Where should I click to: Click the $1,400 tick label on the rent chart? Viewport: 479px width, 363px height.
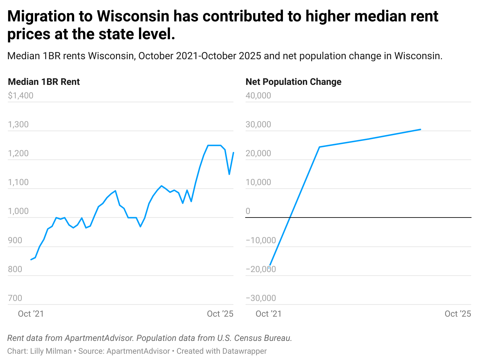tap(21, 96)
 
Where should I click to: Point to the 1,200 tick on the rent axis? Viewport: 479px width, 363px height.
tap(18, 153)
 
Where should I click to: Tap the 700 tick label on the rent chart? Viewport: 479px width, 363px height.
tap(15, 298)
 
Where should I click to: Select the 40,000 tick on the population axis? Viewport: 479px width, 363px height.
tap(258, 96)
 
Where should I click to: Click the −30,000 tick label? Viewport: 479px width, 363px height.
tap(261, 298)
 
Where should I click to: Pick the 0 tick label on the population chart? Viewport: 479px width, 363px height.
tap(248, 211)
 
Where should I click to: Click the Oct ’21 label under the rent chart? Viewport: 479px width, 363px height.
tap(31, 314)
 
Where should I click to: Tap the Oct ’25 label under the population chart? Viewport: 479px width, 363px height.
tap(458, 314)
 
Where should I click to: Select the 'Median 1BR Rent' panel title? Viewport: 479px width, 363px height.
tap(44, 82)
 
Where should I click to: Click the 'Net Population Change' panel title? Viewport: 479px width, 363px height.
tap(293, 82)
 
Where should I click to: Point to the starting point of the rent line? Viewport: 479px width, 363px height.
tap(31, 260)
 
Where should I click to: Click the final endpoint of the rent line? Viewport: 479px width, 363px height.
tap(233, 153)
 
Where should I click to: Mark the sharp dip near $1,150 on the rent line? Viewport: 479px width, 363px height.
tap(229, 174)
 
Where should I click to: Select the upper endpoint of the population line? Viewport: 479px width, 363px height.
tap(421, 129)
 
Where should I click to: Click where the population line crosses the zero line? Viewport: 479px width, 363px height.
tap(290, 217)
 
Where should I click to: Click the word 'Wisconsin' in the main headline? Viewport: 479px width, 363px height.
tap(133, 16)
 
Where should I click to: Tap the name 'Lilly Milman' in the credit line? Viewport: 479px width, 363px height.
tap(51, 351)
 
